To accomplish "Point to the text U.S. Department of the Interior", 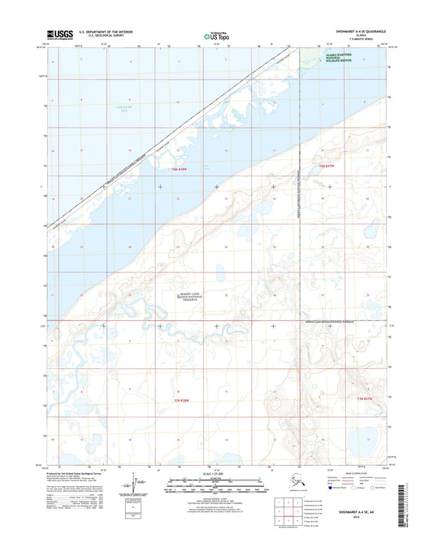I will (110, 32).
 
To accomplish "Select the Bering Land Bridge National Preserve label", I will (193, 298).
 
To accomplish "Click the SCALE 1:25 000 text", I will (215, 473).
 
